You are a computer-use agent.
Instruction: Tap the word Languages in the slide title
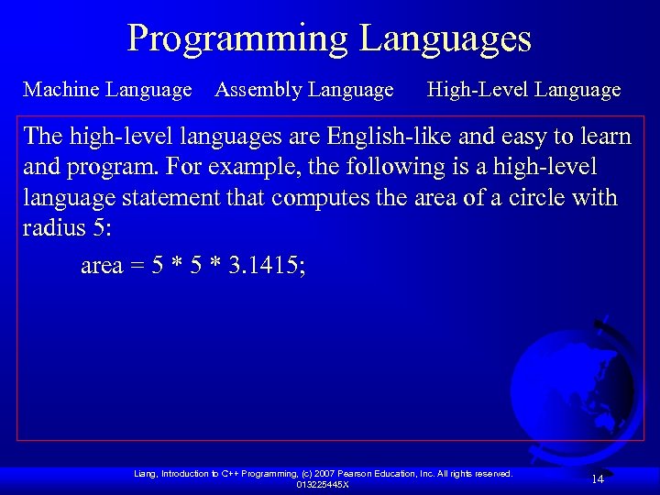point(445,39)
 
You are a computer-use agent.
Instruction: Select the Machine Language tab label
point(107,90)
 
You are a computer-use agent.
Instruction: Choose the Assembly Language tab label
point(303,90)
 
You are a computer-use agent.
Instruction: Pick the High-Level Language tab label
point(523,90)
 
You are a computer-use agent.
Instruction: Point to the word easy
point(526,137)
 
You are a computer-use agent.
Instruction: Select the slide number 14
point(597,478)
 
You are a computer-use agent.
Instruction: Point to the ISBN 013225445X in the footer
point(322,485)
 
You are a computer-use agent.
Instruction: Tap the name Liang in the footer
point(145,474)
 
